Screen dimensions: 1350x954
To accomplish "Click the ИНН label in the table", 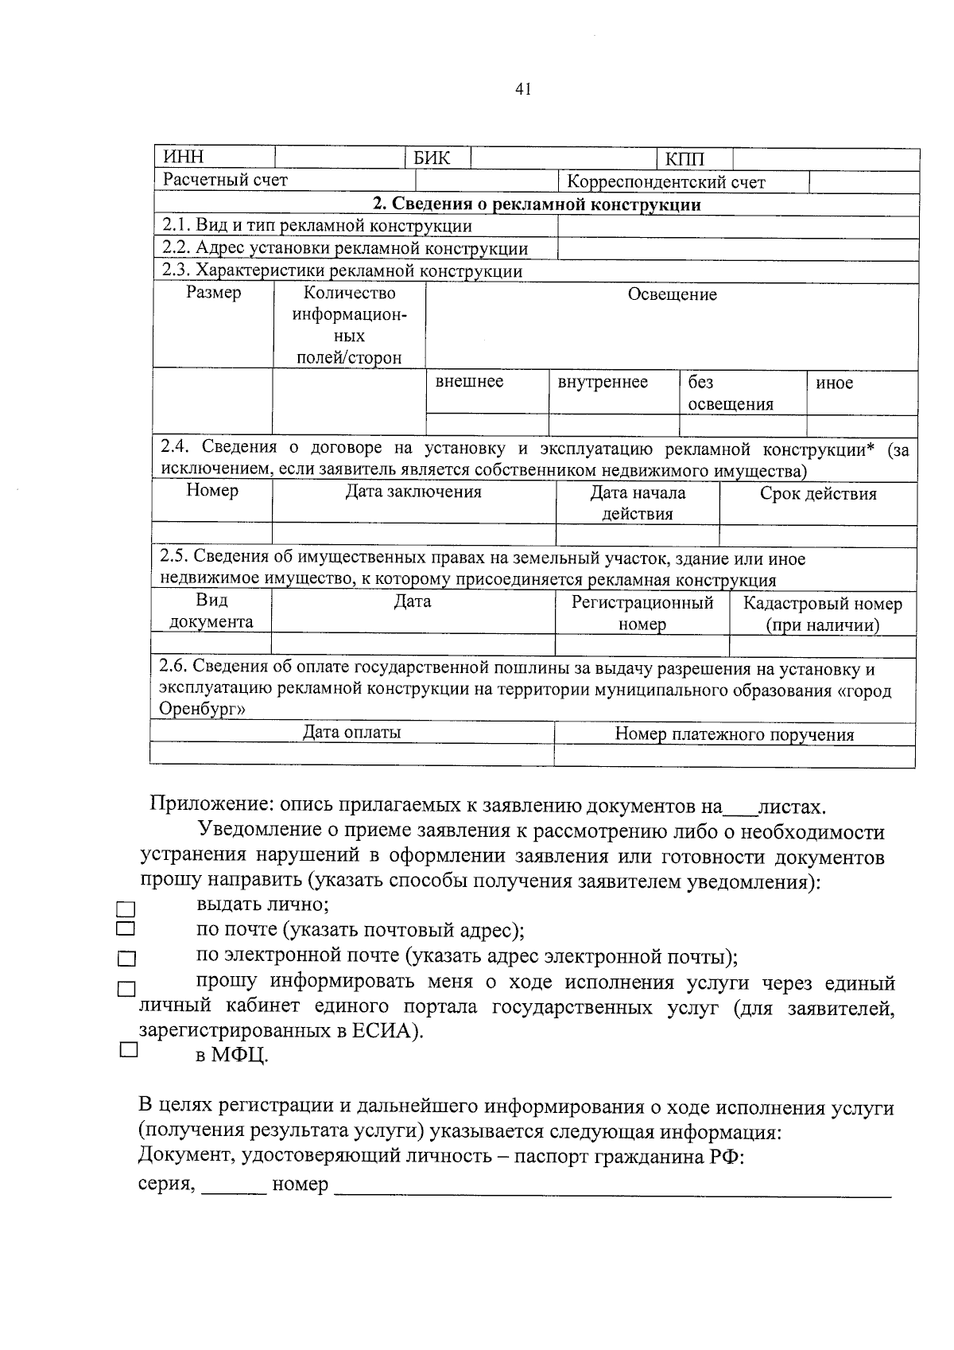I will tap(184, 158).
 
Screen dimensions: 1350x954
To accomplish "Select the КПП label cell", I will tap(684, 159).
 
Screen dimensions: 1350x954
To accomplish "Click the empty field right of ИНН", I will tap(340, 158).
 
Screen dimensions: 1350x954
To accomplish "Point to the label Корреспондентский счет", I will tap(666, 182).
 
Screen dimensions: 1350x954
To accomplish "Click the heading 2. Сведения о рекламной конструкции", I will tap(537, 204).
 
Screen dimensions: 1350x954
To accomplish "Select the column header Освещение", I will tap(672, 295).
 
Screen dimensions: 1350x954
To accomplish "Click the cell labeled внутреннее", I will tap(603, 383).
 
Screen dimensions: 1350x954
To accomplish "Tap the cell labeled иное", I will tap(834, 383).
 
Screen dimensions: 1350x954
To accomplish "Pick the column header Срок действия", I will tap(818, 494).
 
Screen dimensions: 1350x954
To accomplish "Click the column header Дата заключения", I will tap(413, 492).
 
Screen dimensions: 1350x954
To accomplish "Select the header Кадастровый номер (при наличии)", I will tap(822, 614).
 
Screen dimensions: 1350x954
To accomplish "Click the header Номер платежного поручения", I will tap(735, 734).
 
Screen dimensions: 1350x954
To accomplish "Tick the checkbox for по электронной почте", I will tap(126, 960).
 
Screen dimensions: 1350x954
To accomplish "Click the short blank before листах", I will tap(739, 810).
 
